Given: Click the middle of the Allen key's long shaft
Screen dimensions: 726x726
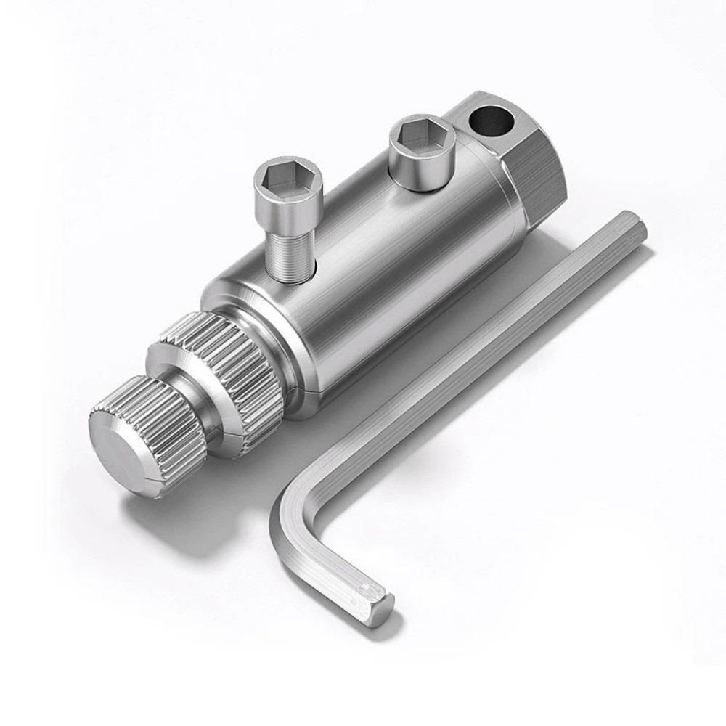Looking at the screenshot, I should click(x=465, y=363).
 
